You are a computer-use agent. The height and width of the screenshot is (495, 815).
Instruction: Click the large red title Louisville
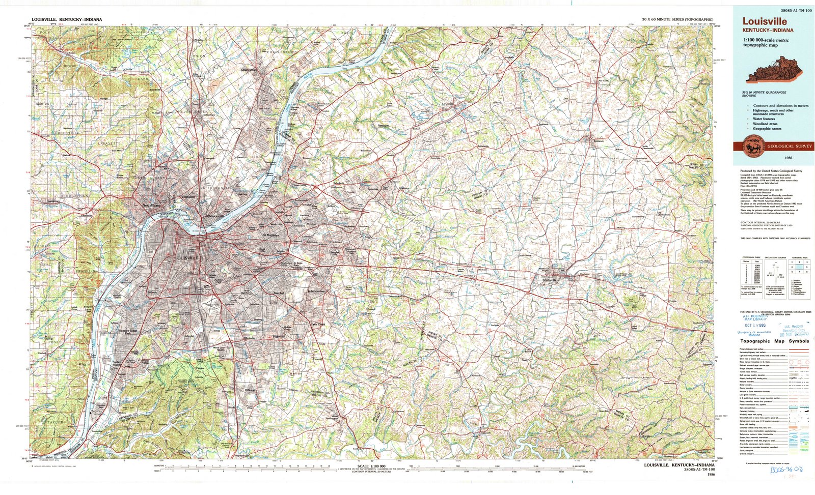tap(764, 21)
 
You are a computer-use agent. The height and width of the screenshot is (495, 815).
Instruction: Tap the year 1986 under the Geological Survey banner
tap(774, 158)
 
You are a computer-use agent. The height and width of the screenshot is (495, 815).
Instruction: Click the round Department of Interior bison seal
tap(751, 146)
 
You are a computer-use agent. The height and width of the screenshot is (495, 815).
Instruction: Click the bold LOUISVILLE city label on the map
tap(186, 258)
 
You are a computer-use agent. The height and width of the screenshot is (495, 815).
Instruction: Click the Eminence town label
tap(599, 141)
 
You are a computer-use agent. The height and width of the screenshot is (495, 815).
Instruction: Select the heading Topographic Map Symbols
tap(774, 341)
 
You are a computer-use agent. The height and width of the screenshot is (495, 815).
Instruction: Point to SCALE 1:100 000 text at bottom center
tap(371, 467)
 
